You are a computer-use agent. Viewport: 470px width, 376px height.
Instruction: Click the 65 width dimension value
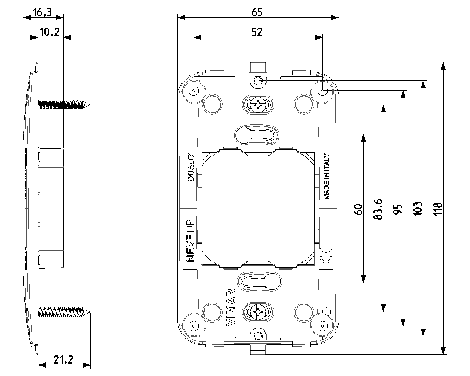coord(257,12)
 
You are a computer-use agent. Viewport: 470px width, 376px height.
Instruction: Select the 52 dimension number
coord(257,32)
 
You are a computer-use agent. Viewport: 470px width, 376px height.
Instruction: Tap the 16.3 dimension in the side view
coord(42,12)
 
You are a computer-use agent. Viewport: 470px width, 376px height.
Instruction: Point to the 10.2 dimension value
coord(50,32)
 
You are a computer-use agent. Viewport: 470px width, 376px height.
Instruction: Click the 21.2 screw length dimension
coord(63,360)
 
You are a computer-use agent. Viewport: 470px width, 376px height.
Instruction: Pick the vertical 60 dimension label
coord(358,210)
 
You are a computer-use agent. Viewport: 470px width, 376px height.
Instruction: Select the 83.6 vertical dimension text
coord(378,209)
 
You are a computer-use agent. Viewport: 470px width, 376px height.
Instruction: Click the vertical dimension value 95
coord(398,210)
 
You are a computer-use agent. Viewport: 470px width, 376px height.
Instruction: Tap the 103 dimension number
coord(417,209)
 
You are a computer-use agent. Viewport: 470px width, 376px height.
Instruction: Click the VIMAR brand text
coord(231,308)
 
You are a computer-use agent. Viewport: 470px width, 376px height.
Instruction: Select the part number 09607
coord(191,167)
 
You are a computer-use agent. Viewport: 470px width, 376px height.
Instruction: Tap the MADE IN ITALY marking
coord(326,176)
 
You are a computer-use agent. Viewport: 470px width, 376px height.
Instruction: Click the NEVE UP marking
coord(190,241)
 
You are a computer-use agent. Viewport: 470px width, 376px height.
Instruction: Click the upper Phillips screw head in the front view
coord(258,105)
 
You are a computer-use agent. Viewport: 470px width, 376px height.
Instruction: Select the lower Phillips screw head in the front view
coord(258,312)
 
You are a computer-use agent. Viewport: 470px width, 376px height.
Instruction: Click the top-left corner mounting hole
coord(194,90)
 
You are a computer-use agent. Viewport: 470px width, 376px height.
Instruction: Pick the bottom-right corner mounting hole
coord(323,326)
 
